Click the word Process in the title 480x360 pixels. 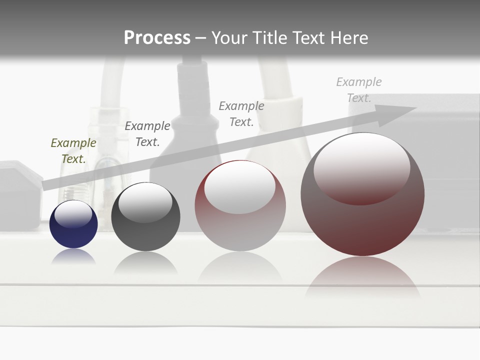(157, 38)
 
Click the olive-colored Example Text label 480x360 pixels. (73, 150)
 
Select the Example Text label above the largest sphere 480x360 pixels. (359, 90)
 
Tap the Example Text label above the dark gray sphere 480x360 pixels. (147, 133)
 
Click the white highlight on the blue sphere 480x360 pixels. (73, 214)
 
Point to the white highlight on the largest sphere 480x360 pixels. (362, 167)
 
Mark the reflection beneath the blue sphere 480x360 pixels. (73, 256)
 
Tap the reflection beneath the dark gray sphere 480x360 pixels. (145, 262)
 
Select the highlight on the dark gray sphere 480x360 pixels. (145, 202)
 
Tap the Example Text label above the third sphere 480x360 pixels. (241, 113)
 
